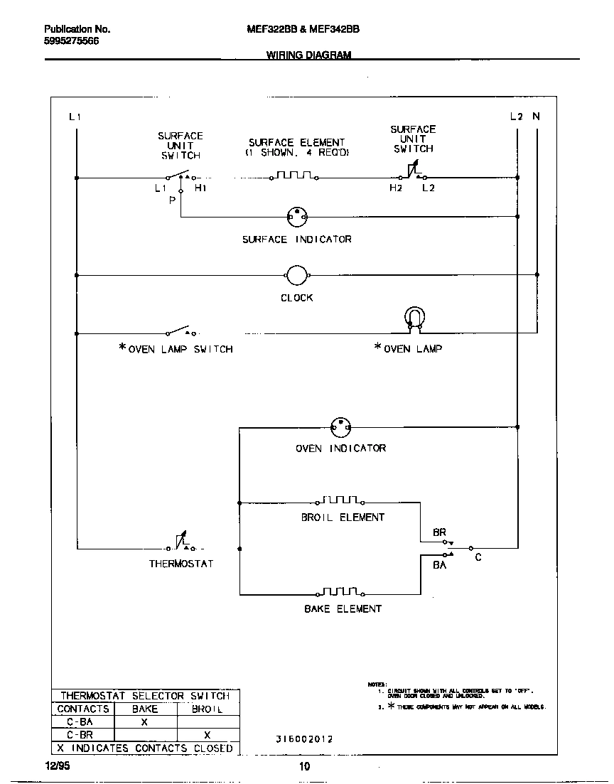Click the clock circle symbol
tap(296, 275)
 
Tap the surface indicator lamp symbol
tap(296, 216)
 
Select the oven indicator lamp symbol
tap(341, 427)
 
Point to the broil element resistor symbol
tap(343, 500)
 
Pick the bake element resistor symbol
tap(343, 592)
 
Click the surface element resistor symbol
tap(295, 175)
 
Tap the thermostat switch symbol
tap(181, 544)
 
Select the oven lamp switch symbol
tap(181, 331)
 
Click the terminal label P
tap(172, 201)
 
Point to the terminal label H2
tap(395, 188)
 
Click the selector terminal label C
tap(478, 558)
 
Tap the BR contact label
tap(439, 532)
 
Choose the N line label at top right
tap(537, 116)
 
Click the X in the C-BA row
tap(144, 721)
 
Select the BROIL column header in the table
tap(208, 709)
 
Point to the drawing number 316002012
tap(304, 739)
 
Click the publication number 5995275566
tap(72, 41)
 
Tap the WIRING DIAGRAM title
tap(309, 55)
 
